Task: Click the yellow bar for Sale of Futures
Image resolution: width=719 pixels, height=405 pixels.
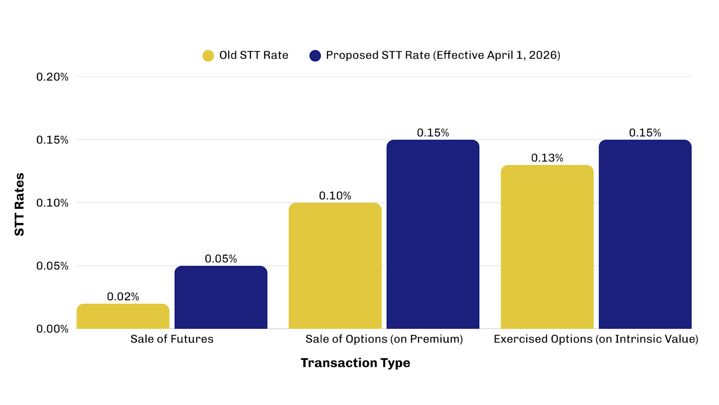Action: pos(123,316)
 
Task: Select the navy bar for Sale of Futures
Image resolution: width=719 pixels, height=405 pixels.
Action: pos(221,297)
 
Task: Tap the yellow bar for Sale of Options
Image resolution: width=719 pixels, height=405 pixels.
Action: pos(335,266)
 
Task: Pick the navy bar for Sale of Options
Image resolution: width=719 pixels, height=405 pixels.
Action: pos(433,234)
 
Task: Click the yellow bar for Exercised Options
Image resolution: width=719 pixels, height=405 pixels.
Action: pos(547,247)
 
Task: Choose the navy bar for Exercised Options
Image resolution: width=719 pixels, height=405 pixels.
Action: pos(645,234)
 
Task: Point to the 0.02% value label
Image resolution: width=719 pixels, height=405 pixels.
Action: pos(123,297)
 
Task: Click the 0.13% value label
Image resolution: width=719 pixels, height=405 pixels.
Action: pos(547,158)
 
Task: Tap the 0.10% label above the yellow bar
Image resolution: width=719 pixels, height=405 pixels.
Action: pos(335,196)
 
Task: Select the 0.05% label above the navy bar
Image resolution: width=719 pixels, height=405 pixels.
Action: pos(221,259)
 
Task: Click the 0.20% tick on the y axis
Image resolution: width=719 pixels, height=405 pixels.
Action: pos(52,77)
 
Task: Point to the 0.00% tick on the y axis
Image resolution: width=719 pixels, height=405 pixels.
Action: pos(52,329)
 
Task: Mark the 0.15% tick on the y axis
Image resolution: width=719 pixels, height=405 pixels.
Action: pos(52,140)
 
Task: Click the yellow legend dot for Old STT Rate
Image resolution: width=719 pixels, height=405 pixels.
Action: pos(208,55)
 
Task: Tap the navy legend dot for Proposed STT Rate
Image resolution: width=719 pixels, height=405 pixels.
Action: pos(315,55)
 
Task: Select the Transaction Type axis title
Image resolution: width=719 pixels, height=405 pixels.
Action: pos(355,363)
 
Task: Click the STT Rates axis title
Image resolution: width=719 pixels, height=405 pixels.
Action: pos(19,204)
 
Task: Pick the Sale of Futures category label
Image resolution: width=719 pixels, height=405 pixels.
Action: pos(172,339)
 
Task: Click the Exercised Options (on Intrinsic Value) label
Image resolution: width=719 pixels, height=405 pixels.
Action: pos(596,339)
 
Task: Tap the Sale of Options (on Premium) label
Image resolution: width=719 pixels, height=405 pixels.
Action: pos(384,339)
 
